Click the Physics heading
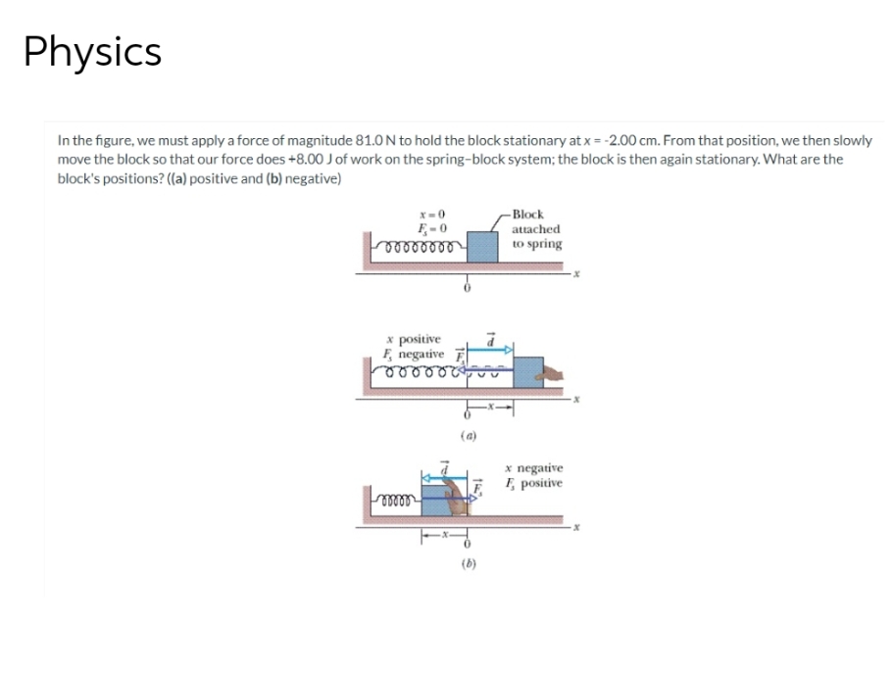[x=93, y=52]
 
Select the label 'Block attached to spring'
[x=536, y=228]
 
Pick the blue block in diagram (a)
[x=528, y=373]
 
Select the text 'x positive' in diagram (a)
[x=416, y=338]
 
